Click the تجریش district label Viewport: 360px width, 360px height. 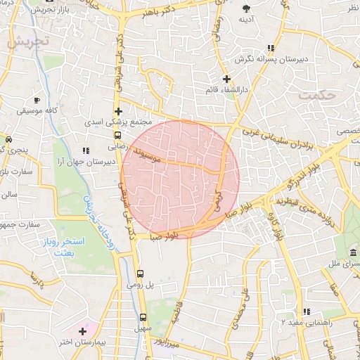click(29, 41)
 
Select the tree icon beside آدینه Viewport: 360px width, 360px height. click(246, 8)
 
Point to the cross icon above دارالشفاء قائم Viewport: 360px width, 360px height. click(226, 78)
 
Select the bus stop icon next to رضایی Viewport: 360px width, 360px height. click(117, 136)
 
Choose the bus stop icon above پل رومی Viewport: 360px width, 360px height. click(140, 274)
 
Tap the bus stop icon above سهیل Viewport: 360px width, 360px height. click(143, 317)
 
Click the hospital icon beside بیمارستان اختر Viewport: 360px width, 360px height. click(83, 330)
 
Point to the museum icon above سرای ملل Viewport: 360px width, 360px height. click(352, 252)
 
